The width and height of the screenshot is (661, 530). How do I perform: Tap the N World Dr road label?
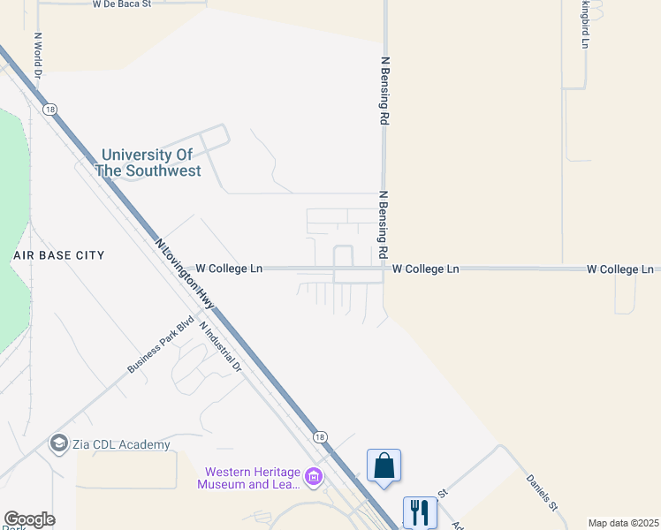click(38, 56)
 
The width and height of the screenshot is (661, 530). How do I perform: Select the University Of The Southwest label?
click(148, 163)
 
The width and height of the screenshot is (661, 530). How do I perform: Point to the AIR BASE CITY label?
click(58, 255)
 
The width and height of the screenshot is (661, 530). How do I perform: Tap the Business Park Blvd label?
click(160, 344)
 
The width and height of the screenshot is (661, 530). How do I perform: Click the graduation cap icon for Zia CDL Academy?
click(59, 443)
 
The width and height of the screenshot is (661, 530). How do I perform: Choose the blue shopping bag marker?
click(384, 466)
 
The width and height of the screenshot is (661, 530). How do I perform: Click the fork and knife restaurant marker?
click(420, 511)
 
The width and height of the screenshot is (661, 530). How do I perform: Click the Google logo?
click(29, 519)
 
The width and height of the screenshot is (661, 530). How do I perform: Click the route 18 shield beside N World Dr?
click(49, 109)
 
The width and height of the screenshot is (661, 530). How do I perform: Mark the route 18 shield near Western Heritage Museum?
click(319, 437)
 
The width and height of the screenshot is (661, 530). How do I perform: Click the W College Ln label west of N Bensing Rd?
click(229, 268)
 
